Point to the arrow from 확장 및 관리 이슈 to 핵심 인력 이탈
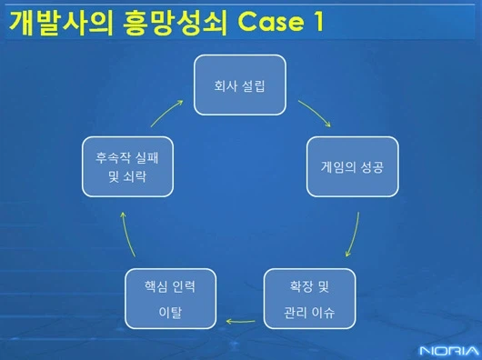coord(240,319)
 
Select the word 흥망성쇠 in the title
coord(168,24)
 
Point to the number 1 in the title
coord(317,25)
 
